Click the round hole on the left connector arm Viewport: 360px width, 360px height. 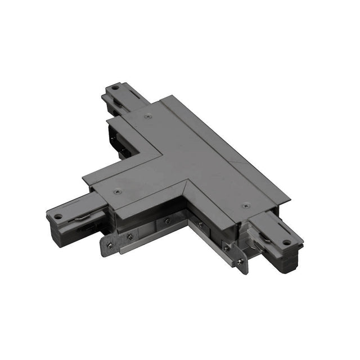tap(57, 216)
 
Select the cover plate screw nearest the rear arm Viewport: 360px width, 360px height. tap(148, 116)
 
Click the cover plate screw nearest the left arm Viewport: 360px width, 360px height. tap(117, 192)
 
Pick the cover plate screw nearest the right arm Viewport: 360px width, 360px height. tap(245, 206)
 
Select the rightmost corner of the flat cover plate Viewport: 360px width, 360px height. tap(290, 200)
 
